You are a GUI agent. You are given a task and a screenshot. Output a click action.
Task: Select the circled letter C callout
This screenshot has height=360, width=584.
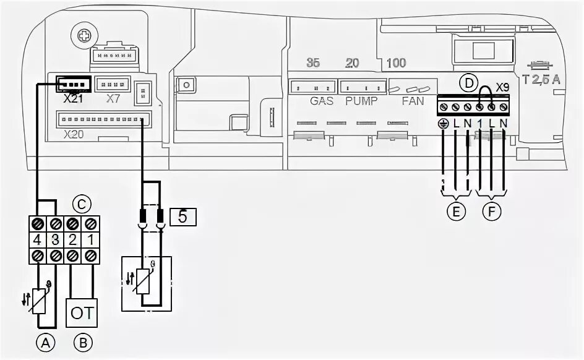point(80,203)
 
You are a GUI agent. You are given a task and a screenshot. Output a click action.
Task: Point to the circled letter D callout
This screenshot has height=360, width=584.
point(470,82)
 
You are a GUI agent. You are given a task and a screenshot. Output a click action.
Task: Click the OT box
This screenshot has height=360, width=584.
point(82,314)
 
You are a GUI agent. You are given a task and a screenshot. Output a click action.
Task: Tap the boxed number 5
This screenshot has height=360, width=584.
point(182,216)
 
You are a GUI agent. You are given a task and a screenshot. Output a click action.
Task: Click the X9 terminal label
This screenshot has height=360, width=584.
point(502,88)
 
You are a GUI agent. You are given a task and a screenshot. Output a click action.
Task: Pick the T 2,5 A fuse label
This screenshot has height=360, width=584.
point(541,79)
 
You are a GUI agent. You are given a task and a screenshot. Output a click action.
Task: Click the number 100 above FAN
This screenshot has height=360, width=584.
point(396,64)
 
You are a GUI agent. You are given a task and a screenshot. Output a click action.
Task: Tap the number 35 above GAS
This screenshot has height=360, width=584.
point(313,63)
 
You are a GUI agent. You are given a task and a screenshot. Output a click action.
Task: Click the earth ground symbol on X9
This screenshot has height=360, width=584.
point(444,123)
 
